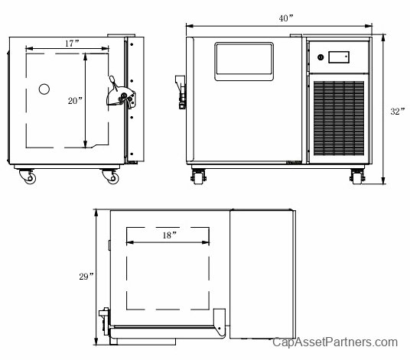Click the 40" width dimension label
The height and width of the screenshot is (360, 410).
pos(286,18)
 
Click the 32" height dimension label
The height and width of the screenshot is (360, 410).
pos(398,112)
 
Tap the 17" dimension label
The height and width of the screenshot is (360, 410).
pos(72,44)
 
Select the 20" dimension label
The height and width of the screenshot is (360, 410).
pos(75,101)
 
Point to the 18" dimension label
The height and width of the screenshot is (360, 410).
pos(170,235)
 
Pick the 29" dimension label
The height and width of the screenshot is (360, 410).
pos(86,277)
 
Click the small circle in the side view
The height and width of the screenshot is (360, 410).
pos(44,89)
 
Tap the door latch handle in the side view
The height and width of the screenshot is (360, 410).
pos(121,94)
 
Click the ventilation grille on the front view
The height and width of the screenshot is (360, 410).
pos(339,118)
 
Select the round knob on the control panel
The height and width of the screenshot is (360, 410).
pos(321,57)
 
